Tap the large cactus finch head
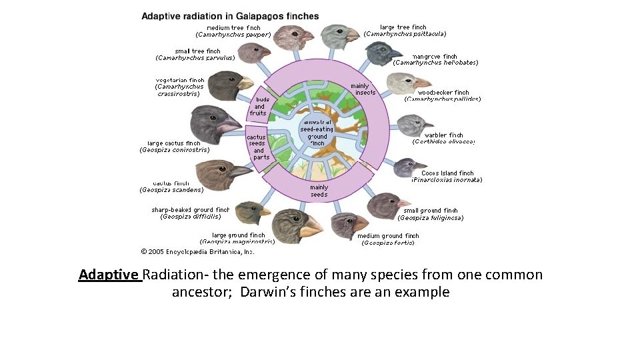click(212, 124)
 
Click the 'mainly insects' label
click(363, 89)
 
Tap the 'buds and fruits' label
click(259, 106)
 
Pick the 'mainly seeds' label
click(319, 191)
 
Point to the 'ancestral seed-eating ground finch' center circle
click(317, 133)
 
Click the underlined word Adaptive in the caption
click(109, 275)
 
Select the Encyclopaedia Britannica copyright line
click(197, 251)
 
